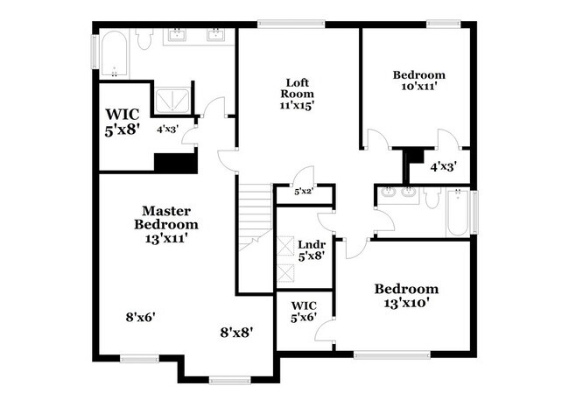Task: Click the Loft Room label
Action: tap(297, 93)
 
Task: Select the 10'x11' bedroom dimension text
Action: tap(418, 88)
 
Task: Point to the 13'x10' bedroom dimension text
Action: tap(405, 303)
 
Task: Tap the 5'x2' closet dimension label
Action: tap(303, 191)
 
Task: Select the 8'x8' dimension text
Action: tap(236, 332)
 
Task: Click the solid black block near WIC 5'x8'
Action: tap(174, 163)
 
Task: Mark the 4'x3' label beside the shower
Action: tap(167, 130)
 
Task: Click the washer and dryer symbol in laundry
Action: tap(286, 251)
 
